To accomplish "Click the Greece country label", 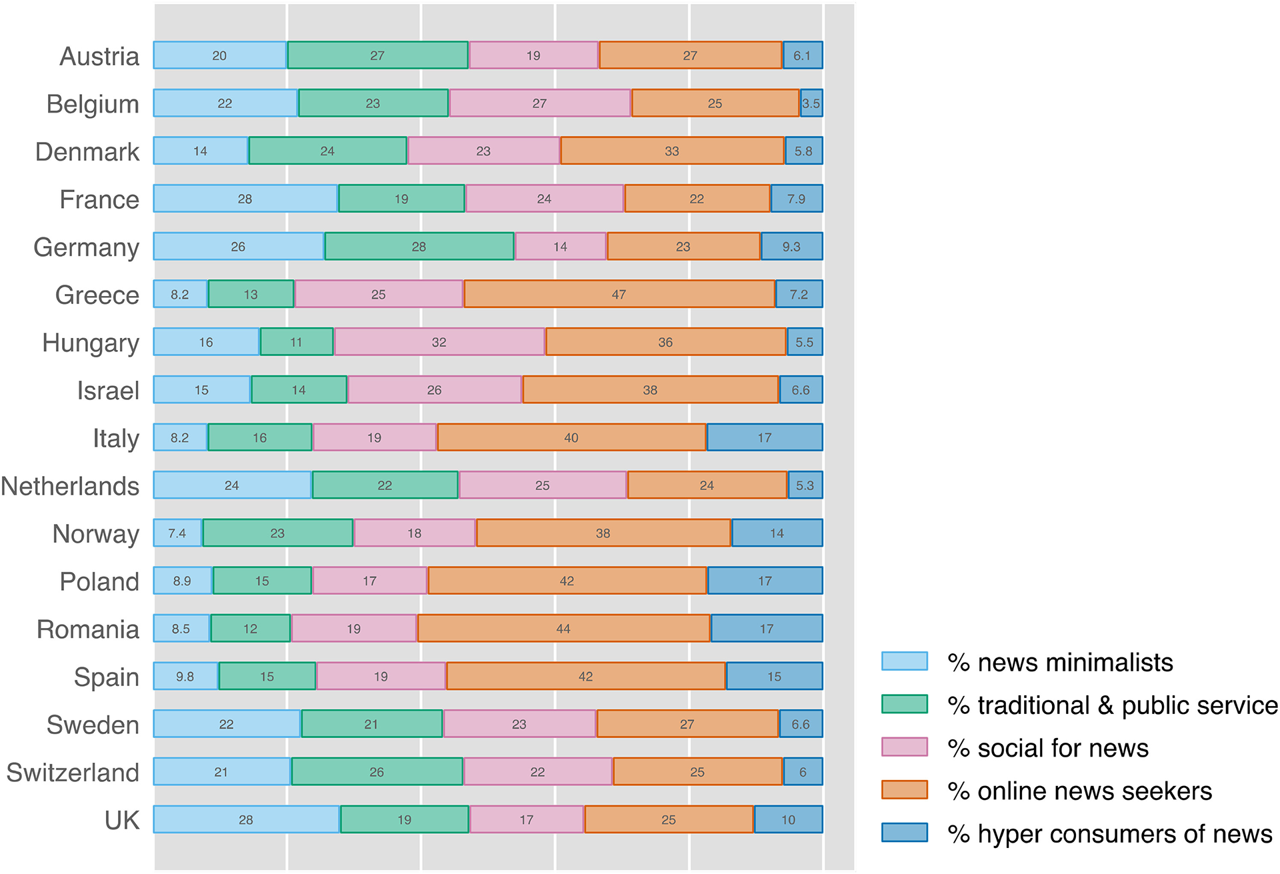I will pos(97,295).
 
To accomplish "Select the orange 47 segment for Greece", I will pos(619,294).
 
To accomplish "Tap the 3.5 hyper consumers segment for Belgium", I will pos(811,103).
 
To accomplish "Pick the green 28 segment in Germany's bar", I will pos(419,247).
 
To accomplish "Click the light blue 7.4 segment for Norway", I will pos(177,533).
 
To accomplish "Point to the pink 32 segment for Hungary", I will pos(439,342).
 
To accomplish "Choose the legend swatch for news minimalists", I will pos(904,661).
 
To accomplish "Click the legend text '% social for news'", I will pos(1048,748).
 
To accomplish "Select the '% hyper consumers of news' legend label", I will pos(1110,833).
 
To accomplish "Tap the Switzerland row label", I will pos(73,773).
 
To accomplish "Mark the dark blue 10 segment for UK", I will pos(788,819).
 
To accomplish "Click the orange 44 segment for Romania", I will pos(563,629).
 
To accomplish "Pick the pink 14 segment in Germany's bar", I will pos(560,247).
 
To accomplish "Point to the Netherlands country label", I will pos(70,486).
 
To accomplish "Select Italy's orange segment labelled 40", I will pos(571,437).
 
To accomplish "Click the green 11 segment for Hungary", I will pos(296,342).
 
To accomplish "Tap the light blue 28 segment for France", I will pos(245,199).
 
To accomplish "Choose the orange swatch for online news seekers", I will pos(904,790).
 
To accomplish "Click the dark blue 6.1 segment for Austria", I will pos(802,55).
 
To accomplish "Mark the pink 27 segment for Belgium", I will pos(539,103).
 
